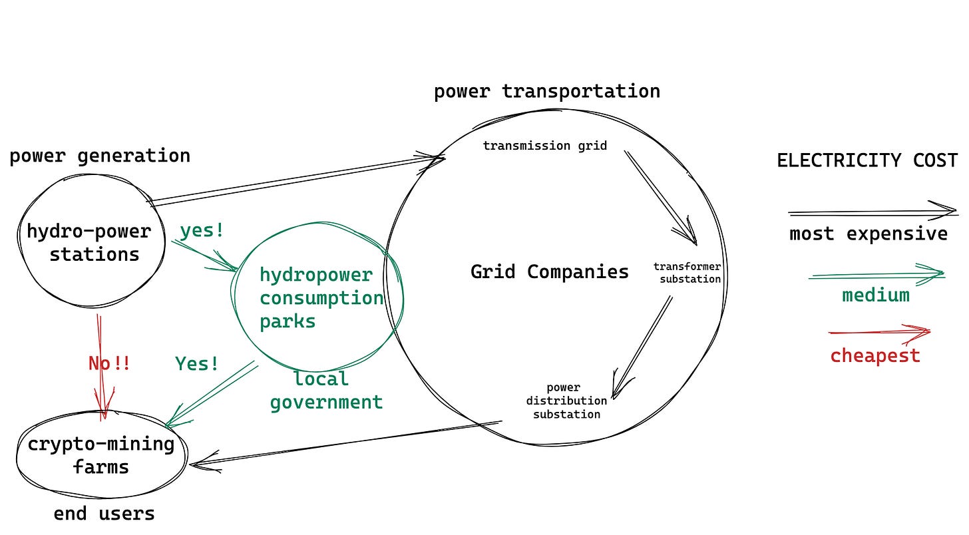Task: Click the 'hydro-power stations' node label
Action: (x=90, y=243)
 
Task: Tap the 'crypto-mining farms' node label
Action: (x=101, y=455)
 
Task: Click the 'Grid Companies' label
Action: (x=549, y=271)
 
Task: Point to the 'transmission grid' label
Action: (x=544, y=146)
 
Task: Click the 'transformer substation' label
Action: (x=687, y=273)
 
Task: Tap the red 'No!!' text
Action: (x=109, y=363)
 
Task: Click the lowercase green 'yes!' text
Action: (x=202, y=231)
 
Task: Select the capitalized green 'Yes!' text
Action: (x=197, y=363)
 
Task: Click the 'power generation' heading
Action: (x=100, y=156)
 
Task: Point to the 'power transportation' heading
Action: (x=546, y=91)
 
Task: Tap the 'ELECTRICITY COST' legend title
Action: (x=867, y=160)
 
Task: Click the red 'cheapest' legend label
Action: (x=874, y=355)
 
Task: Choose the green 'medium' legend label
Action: (x=875, y=295)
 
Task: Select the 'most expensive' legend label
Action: (x=868, y=234)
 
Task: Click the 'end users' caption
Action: (x=104, y=514)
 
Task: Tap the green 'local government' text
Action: (x=325, y=391)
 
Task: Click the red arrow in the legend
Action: (x=878, y=331)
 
